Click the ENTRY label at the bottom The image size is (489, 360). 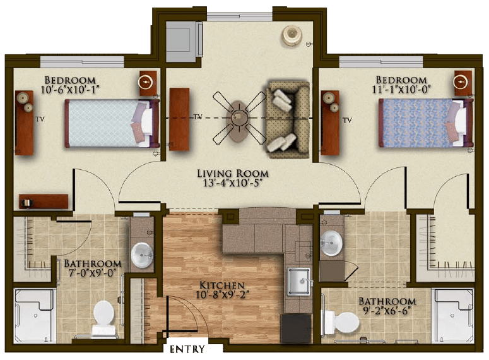(187, 349)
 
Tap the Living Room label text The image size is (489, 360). (233, 174)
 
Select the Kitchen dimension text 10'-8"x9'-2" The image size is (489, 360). (222, 295)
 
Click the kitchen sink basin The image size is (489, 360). (299, 281)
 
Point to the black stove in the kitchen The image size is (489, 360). (296, 328)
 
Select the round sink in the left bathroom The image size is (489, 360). (142, 255)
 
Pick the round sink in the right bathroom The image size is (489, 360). (331, 243)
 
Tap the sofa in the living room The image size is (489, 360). (287, 119)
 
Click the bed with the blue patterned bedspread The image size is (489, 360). (426, 123)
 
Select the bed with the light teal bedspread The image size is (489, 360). (112, 123)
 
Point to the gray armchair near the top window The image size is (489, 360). (184, 41)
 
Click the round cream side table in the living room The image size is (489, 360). (292, 35)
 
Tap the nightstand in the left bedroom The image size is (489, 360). (148, 83)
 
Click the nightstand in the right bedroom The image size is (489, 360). (462, 83)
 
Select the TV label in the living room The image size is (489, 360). (198, 117)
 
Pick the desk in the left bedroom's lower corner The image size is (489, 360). (44, 201)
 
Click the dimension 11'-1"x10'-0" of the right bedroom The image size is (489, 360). (401, 90)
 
